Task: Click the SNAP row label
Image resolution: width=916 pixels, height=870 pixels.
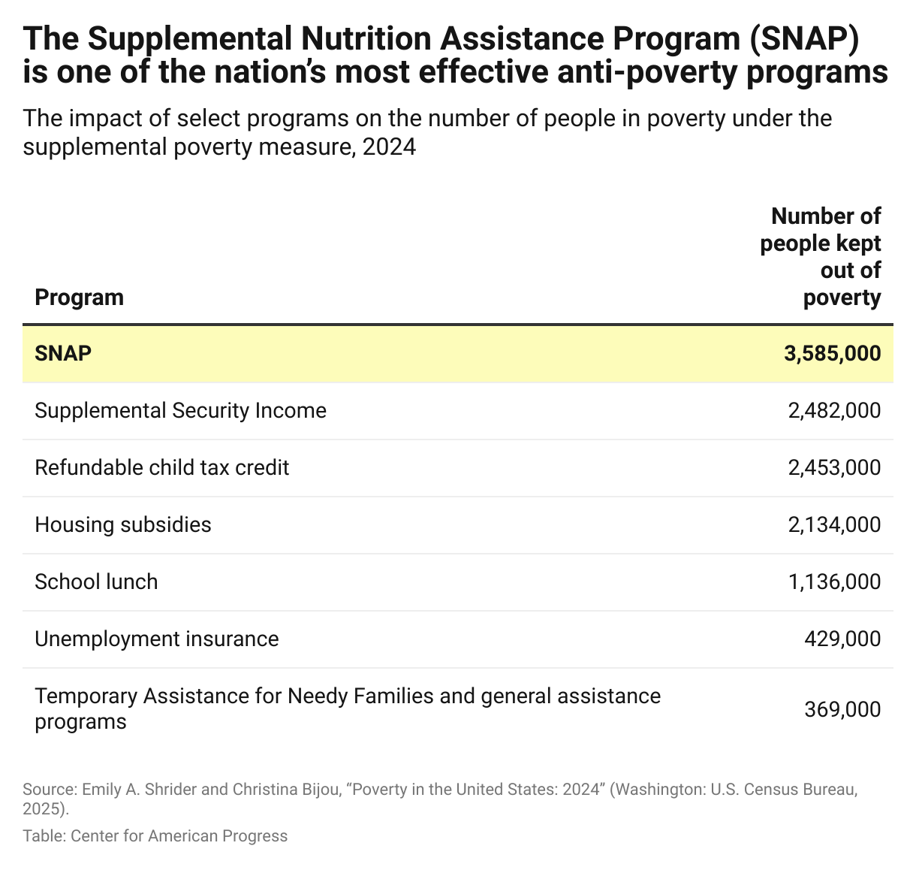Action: pos(63,353)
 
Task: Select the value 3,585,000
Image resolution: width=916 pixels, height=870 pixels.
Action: pos(832,353)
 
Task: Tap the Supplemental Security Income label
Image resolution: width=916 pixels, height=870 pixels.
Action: pos(180,410)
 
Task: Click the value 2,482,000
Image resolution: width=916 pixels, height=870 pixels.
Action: pos(834,410)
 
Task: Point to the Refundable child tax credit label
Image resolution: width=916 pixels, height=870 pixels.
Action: pos(161,467)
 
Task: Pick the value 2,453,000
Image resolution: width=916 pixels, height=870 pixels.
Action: pos(834,467)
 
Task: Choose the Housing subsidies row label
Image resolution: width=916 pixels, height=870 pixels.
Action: pos(123,524)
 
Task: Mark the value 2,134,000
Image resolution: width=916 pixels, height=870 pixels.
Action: pos(834,524)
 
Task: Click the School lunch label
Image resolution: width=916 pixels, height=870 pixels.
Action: pos(96,582)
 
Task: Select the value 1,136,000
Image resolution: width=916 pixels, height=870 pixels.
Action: pos(834,582)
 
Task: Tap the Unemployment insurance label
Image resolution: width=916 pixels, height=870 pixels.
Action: pos(156,639)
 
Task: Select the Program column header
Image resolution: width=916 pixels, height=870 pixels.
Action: pos(79,298)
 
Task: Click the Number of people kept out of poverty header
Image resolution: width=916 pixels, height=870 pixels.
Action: pos(821,257)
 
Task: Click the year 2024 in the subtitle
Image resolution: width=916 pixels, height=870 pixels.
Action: pos(388,146)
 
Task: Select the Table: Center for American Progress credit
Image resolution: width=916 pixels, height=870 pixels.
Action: pos(155,835)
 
